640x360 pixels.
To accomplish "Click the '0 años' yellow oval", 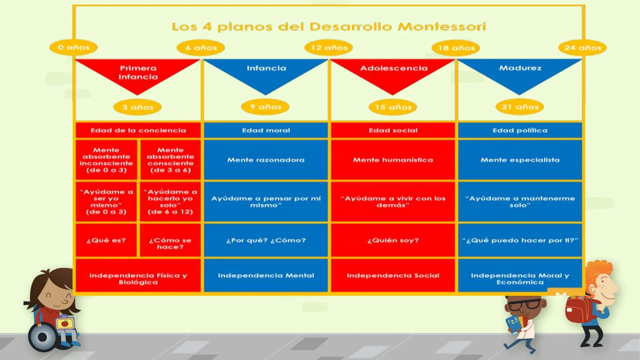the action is tap(74, 47).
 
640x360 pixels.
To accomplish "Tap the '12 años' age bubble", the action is tap(329, 47).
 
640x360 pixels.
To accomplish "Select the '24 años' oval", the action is tap(582, 48).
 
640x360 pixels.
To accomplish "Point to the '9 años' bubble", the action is tap(265, 107).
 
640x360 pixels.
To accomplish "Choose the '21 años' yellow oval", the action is tap(520, 107).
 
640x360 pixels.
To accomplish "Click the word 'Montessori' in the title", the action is tap(442, 27).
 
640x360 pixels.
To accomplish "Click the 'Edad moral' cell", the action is tap(266, 130).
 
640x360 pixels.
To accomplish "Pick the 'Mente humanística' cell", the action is tap(393, 160).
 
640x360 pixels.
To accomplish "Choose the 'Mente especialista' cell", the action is tap(520, 160).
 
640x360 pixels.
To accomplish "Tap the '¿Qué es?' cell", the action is tap(106, 240).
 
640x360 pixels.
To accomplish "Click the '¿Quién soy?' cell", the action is tap(393, 240).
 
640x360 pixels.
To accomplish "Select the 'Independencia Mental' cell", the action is tap(266, 276).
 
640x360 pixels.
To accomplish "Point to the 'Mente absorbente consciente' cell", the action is tap(170, 160).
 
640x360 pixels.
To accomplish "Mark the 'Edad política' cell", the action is tap(520, 130).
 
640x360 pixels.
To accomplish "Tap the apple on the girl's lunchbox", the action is tap(65, 323).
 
